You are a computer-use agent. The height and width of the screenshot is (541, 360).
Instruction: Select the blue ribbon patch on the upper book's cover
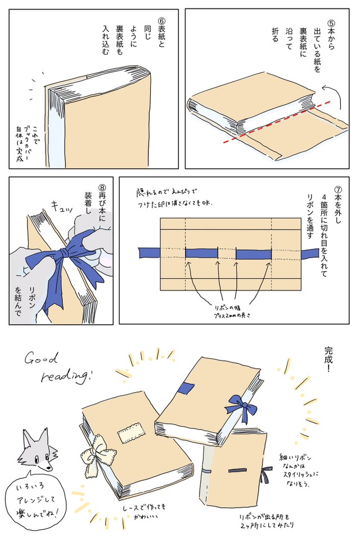tap(186, 389)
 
